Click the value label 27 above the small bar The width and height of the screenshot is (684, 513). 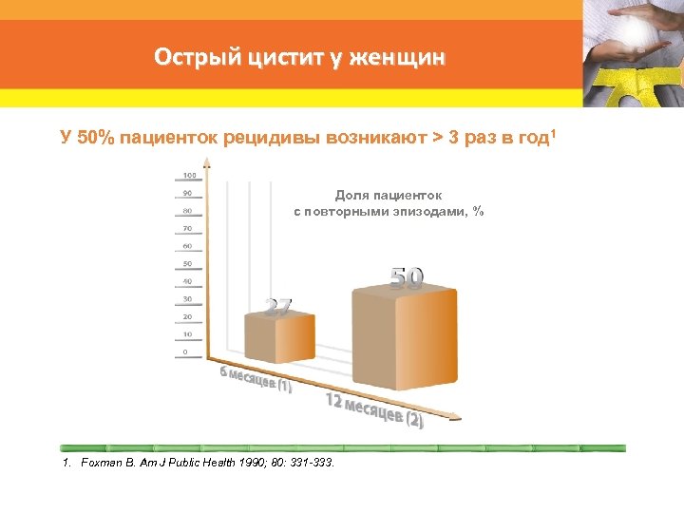click(x=277, y=307)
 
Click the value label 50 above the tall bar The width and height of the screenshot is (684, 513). click(x=408, y=276)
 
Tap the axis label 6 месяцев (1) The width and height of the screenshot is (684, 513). click(x=256, y=379)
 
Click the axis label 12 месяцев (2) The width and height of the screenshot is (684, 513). click(x=374, y=410)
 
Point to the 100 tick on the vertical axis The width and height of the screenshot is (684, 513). click(x=190, y=176)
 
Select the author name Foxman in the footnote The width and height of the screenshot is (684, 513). click(x=102, y=463)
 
